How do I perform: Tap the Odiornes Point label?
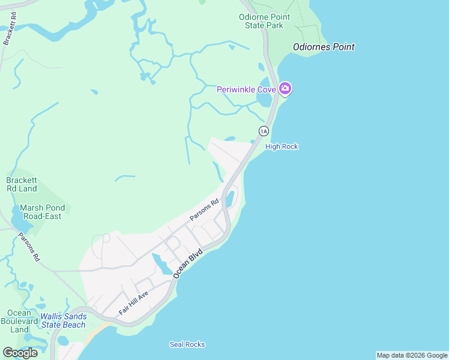(324, 47)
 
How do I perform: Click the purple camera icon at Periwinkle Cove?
(285, 89)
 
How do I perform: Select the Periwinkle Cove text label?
(246, 89)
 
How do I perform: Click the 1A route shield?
(264, 130)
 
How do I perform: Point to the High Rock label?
(282, 146)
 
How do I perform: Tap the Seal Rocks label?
(187, 344)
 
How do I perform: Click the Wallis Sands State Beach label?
(63, 320)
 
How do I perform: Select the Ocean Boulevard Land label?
(19, 321)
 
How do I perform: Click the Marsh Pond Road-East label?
(40, 212)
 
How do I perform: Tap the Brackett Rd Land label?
(22, 184)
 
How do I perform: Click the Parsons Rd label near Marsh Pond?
(29, 247)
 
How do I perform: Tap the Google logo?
(20, 353)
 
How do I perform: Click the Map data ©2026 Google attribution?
(412, 355)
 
